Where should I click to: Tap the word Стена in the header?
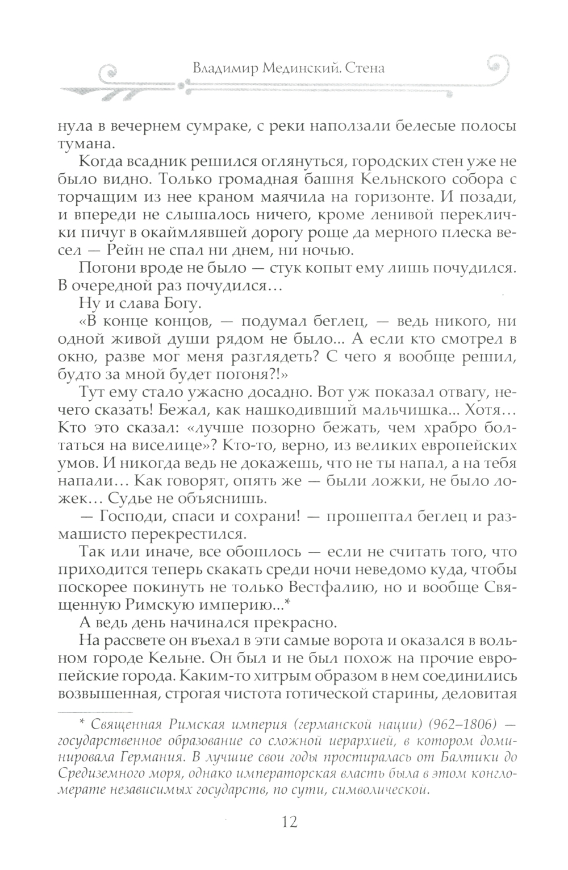[x=365, y=68]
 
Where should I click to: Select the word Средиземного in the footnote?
[x=111, y=773]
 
